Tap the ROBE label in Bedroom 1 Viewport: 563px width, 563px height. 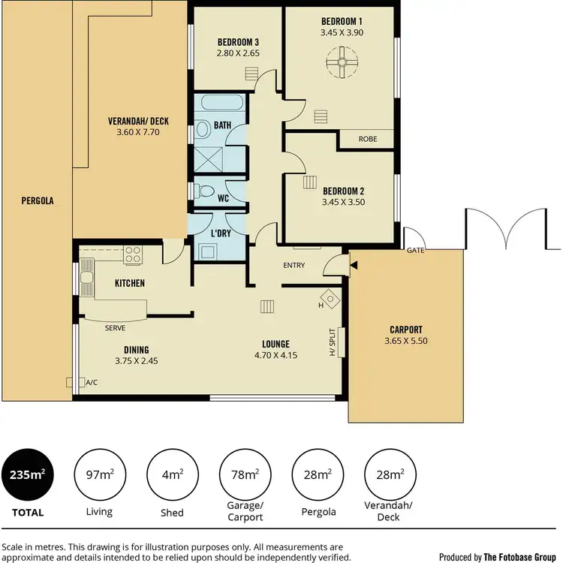(367, 139)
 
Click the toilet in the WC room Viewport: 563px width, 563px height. (200, 191)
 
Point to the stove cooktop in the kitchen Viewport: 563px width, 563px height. (134, 255)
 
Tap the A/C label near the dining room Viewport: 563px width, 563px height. (92, 382)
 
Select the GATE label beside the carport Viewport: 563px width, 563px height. (415, 250)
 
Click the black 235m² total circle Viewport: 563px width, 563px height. (27, 474)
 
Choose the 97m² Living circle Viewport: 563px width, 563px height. (99, 474)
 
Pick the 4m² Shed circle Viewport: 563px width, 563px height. (172, 474)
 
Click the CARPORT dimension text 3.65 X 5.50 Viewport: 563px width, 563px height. (406, 341)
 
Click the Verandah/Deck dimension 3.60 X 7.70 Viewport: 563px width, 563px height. (138, 132)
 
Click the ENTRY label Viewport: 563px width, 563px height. (294, 266)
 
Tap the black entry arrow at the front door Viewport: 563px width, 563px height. (354, 264)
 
